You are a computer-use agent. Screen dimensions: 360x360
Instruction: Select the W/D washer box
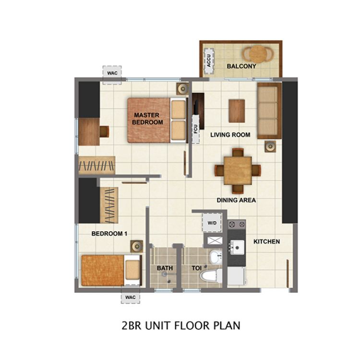coord(212,224)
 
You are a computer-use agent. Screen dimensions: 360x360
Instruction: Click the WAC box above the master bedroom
coord(112,72)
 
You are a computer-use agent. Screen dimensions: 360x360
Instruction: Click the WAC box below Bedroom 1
coord(131,297)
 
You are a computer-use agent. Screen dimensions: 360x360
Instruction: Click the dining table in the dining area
coord(237,169)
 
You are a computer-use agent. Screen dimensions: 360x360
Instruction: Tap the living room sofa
coord(269,110)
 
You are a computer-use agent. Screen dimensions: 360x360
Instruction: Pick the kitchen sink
coord(236,247)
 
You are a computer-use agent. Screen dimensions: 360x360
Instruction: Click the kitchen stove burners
coord(236,224)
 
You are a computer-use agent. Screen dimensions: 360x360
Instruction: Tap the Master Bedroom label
coord(148,119)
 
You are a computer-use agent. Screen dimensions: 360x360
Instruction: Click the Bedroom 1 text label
coord(109,234)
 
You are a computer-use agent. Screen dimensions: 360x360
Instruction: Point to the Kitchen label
coord(266,241)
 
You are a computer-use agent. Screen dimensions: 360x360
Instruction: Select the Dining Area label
coord(236,200)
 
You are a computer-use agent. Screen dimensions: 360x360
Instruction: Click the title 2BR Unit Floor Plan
coord(180,325)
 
